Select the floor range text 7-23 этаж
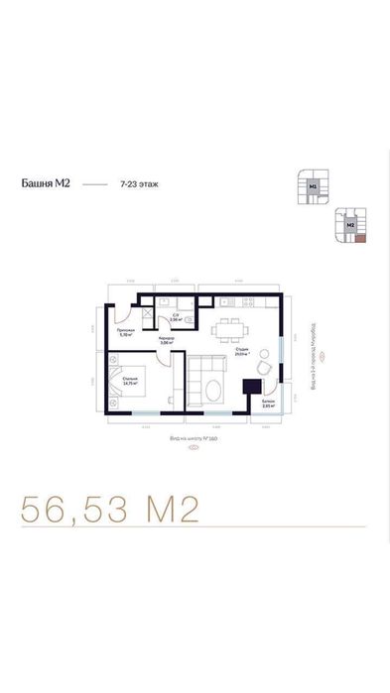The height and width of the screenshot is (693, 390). (139, 183)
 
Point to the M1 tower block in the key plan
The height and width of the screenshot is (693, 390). (313, 184)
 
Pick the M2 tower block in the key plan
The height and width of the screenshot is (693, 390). (350, 225)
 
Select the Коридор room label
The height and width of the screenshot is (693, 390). (167, 339)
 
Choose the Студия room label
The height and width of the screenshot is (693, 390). (240, 349)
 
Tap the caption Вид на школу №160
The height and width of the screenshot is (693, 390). (194, 436)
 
